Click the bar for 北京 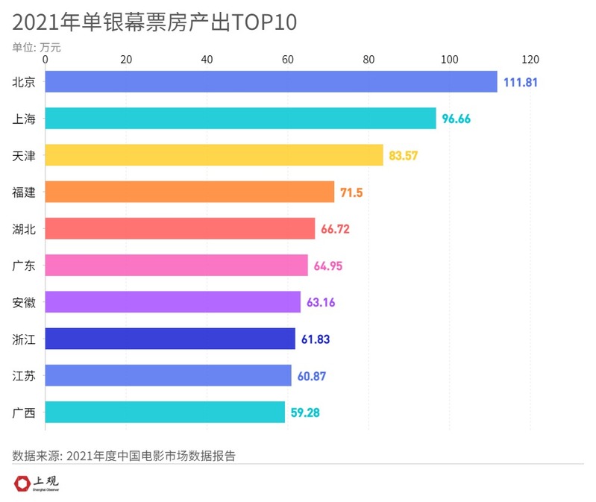click(x=271, y=81)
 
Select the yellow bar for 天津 click(x=214, y=155)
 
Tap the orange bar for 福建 click(x=189, y=192)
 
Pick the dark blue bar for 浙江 click(x=170, y=339)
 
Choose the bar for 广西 click(x=165, y=412)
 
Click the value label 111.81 click(x=520, y=82)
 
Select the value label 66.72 click(x=335, y=229)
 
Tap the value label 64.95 click(x=327, y=266)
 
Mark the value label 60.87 click(x=311, y=376)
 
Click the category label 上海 click(x=24, y=119)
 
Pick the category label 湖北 click(x=24, y=229)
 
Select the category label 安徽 click(x=24, y=303)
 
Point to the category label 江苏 click(x=24, y=376)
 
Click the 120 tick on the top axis click(x=530, y=59)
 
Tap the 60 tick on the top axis click(x=288, y=59)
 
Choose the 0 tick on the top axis click(x=46, y=59)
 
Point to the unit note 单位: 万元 click(x=37, y=46)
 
